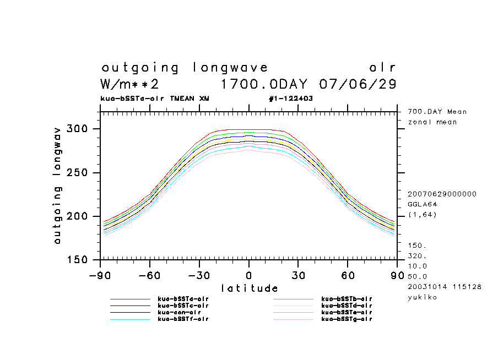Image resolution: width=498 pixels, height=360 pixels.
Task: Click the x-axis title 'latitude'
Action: point(250,288)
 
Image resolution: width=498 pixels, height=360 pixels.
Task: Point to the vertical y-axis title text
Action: point(57,185)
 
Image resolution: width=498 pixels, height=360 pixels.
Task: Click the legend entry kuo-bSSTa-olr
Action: point(183,298)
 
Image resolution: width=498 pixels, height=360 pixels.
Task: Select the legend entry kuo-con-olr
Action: point(179,312)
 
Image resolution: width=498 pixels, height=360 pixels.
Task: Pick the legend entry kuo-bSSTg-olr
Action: point(347,319)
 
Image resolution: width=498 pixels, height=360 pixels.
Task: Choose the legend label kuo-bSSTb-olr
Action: point(347,298)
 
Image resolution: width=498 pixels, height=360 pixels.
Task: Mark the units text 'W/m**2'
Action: point(130,84)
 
